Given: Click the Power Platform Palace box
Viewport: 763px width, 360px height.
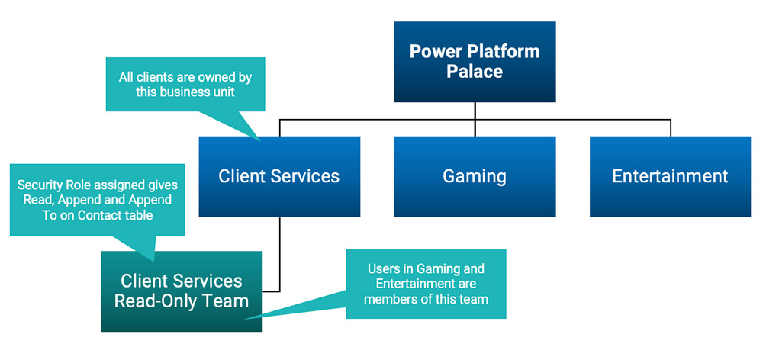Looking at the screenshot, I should [x=475, y=62].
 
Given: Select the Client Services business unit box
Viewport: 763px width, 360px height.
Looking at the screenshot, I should [x=279, y=176].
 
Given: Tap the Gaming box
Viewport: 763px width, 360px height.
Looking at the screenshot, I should [x=475, y=176].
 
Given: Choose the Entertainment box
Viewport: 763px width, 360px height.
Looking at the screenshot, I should [x=670, y=176].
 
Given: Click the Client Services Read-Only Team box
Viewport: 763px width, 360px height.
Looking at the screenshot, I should [x=182, y=291].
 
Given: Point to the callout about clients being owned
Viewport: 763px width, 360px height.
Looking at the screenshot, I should [x=185, y=84].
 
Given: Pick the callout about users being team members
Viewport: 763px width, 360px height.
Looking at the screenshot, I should [x=426, y=284].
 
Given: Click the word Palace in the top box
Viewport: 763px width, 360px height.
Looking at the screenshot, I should [x=475, y=72].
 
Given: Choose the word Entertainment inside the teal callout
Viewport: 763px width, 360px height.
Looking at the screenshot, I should [x=414, y=284].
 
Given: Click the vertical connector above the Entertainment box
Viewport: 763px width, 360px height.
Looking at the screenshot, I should [x=670, y=127].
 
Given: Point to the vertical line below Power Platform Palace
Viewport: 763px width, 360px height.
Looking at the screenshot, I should [x=475, y=111].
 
